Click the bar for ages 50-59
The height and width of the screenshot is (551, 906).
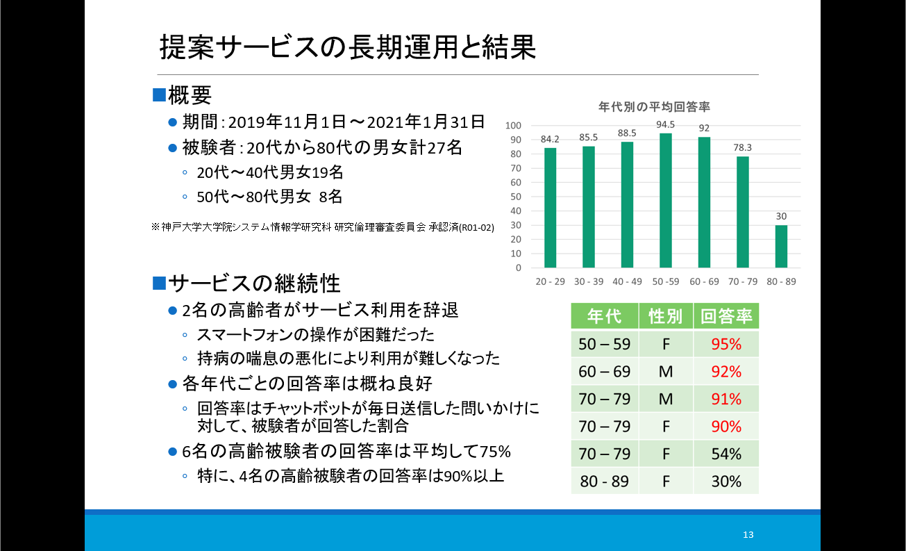[x=666, y=201]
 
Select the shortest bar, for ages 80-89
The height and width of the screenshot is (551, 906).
[x=781, y=247]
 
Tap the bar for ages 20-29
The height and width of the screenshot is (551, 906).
[x=551, y=208]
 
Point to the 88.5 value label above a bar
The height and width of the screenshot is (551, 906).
[x=627, y=134]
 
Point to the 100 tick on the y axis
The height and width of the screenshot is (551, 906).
[x=514, y=126]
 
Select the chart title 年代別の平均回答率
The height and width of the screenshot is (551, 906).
[x=654, y=107]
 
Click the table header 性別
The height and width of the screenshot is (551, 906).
[x=666, y=316]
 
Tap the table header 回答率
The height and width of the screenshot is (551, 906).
[x=726, y=316]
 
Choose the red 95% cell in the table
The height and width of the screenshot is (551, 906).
[x=726, y=344]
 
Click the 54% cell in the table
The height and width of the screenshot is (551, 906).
[x=726, y=454]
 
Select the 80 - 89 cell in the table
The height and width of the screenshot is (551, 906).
[x=604, y=481]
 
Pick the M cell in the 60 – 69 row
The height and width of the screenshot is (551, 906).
[x=666, y=371]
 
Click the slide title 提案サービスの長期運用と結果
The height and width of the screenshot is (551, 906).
[x=347, y=47]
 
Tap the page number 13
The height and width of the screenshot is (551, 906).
[x=748, y=534]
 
